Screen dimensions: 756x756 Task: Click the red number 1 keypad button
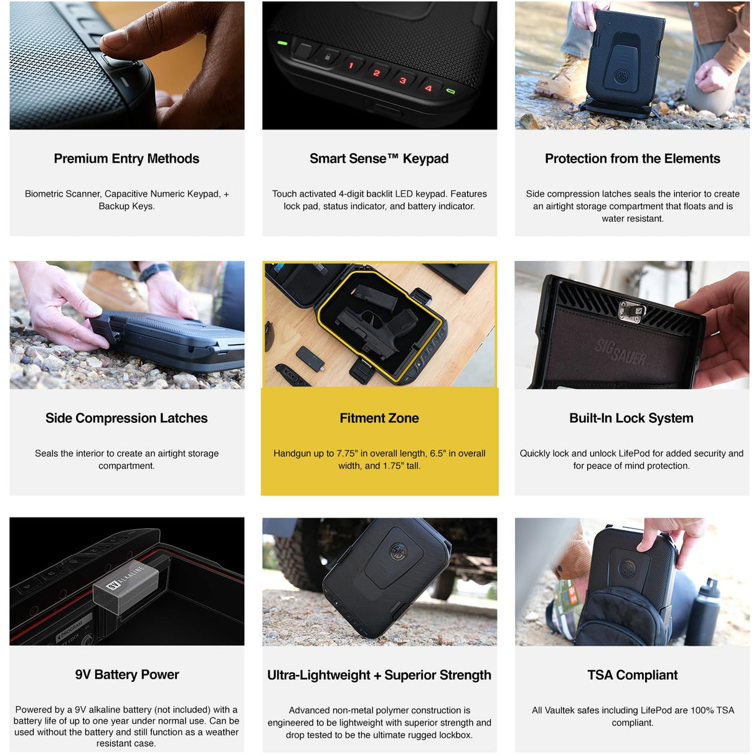point(351,65)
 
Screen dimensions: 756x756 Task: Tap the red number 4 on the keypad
point(428,88)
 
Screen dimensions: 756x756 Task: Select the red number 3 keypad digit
point(402,80)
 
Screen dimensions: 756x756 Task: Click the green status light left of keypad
point(282,43)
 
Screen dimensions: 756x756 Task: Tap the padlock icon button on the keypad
point(327,57)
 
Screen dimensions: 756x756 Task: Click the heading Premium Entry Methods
point(126,159)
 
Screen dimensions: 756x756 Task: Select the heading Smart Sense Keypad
point(379,159)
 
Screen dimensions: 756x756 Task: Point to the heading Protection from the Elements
point(633,159)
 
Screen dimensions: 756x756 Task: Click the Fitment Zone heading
point(379,418)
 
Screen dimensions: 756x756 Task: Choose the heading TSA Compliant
point(633,675)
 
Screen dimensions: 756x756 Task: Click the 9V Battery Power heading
point(126,674)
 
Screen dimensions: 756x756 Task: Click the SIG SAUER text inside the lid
point(620,351)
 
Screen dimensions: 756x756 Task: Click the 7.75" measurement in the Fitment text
point(347,453)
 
